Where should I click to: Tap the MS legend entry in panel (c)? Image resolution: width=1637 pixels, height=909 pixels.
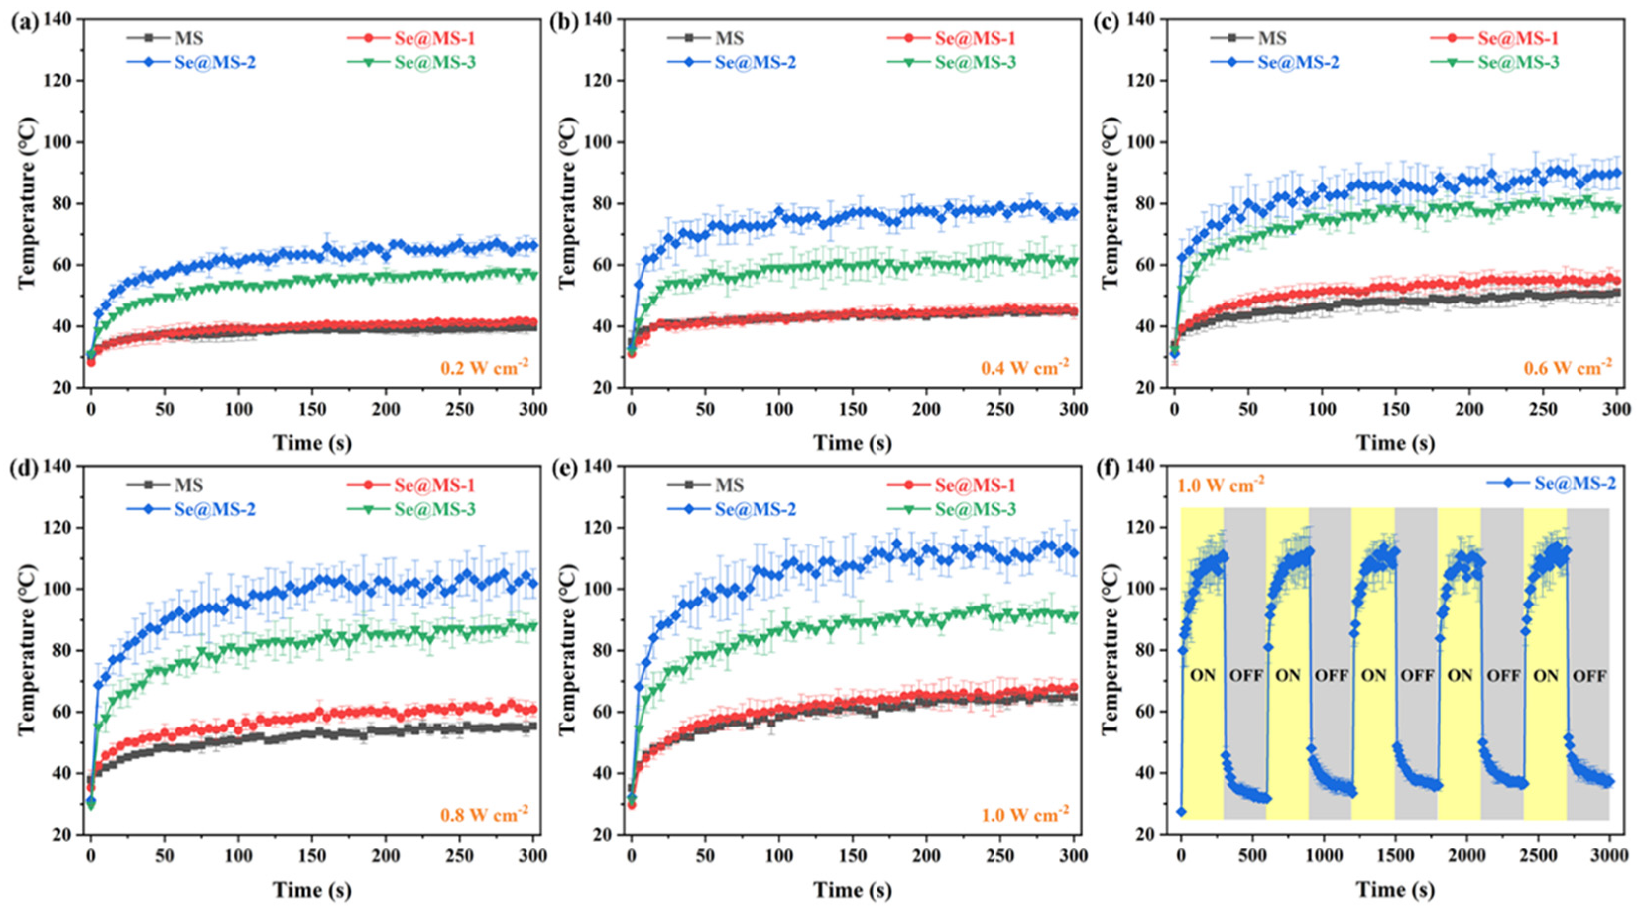click(x=1272, y=38)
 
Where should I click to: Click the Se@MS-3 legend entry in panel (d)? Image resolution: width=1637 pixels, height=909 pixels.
click(x=435, y=509)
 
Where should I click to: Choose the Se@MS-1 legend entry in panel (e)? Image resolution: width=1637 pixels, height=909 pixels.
click(x=974, y=485)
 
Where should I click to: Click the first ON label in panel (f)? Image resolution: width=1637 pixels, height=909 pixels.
click(x=1202, y=675)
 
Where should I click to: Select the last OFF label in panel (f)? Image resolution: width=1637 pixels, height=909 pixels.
click(x=1589, y=675)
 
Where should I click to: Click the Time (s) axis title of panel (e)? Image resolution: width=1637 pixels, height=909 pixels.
click(x=853, y=891)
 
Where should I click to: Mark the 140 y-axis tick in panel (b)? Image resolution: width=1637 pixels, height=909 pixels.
click(x=600, y=20)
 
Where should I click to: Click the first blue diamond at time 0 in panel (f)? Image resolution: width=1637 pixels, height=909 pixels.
click(x=1181, y=811)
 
